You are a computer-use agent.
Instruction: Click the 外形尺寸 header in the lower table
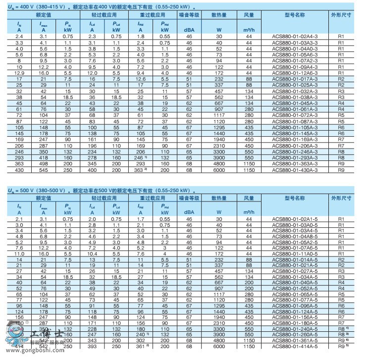[x=341, y=198]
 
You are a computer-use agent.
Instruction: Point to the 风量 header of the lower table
[x=249, y=198]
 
